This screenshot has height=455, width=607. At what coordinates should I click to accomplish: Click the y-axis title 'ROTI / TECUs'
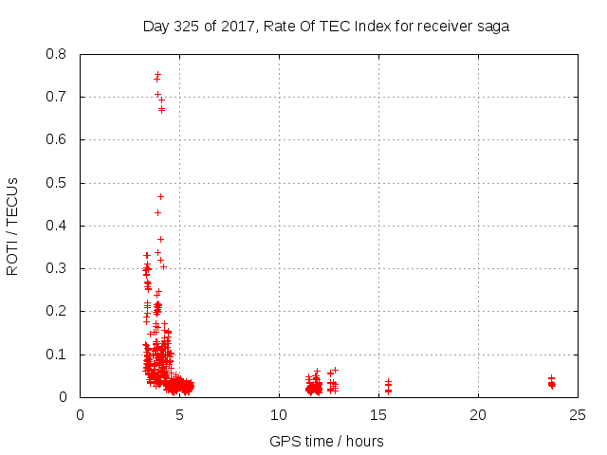[12, 226]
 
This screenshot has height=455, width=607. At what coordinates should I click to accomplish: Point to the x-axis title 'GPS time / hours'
[326, 441]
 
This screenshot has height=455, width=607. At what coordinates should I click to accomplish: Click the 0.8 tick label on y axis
[58, 54]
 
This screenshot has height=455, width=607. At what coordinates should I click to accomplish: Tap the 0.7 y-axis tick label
[58, 97]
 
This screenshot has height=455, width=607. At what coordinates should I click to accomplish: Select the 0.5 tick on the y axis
[58, 183]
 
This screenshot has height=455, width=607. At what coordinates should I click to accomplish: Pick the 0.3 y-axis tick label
[58, 268]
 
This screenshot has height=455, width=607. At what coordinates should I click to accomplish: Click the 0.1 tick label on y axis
[58, 355]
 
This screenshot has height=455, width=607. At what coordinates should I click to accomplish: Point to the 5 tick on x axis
[179, 415]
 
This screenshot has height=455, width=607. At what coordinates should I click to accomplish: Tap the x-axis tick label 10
[279, 415]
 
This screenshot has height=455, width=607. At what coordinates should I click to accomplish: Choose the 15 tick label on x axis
[378, 415]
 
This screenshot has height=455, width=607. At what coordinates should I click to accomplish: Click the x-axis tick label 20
[478, 415]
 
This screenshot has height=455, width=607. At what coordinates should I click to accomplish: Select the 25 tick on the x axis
[578, 415]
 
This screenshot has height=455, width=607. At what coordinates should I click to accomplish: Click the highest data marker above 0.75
[157, 74]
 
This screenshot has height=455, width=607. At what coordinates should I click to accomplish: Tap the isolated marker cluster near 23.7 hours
[551, 382]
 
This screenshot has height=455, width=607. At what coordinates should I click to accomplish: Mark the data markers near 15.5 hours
[388, 386]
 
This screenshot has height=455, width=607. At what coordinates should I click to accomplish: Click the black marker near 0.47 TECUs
[160, 196]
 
